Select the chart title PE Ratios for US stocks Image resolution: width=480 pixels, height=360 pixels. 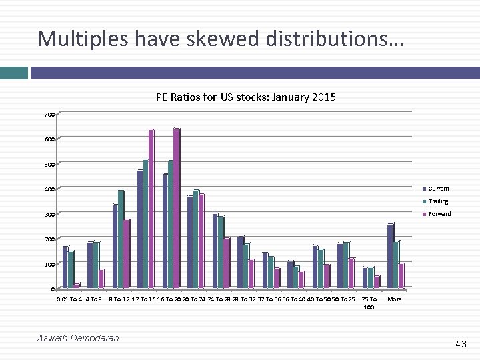pos(245,97)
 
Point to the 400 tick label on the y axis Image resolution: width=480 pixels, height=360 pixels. pos(49,189)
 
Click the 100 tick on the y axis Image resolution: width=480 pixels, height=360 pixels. pos(49,265)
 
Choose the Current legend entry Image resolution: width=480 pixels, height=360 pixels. pos(438,189)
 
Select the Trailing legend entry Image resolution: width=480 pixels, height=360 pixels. pos(438,201)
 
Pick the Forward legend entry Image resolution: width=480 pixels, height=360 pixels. pos(439,214)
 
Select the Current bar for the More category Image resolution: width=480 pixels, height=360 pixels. pos(390,256)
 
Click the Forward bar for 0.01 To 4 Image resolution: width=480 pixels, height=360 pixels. pos(77,286)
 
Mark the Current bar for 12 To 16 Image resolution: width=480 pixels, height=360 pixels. pos(140,229)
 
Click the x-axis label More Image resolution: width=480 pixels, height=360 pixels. pos(395,299)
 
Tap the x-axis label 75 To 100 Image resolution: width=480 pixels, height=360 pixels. pos(369,303)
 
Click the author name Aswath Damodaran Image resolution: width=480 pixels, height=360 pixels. pos(78,338)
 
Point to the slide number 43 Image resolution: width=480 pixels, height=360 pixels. pos(461,344)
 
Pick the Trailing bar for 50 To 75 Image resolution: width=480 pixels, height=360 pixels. pos(346,265)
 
